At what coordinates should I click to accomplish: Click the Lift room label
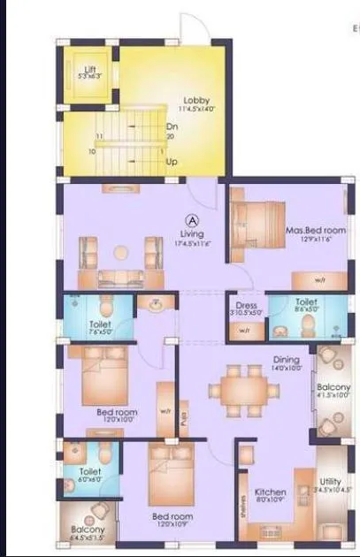click(x=88, y=69)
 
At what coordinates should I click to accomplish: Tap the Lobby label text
click(x=195, y=100)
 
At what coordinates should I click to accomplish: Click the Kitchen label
click(x=270, y=492)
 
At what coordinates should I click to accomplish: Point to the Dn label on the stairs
click(x=171, y=126)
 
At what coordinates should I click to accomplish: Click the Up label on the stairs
click(x=171, y=162)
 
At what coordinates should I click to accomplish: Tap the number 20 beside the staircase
click(x=169, y=137)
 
